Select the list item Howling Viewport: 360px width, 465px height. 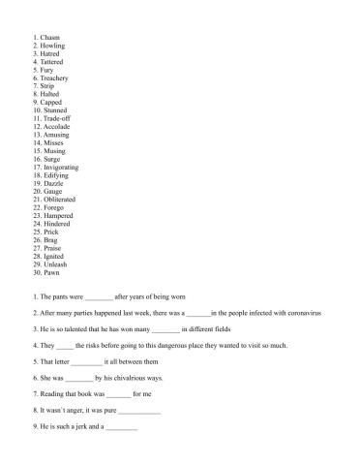click(53, 46)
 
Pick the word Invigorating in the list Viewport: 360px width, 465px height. click(62, 167)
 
